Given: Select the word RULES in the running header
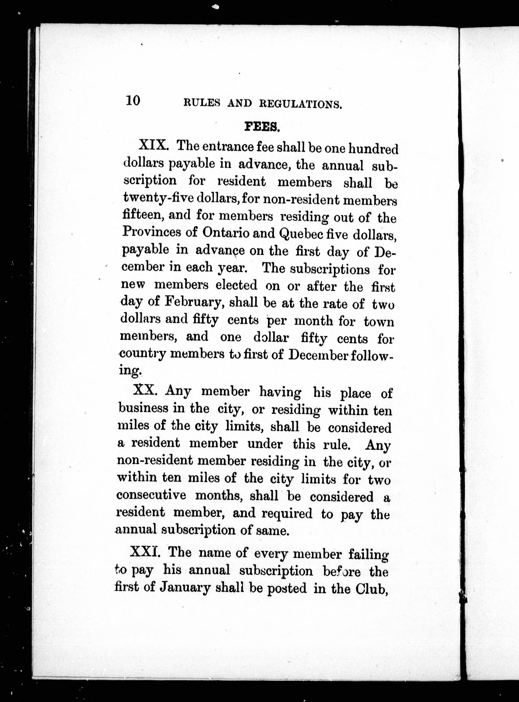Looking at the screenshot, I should [200, 103].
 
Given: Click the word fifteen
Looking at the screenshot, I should [141, 215].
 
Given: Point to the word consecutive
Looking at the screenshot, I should [151, 495].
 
